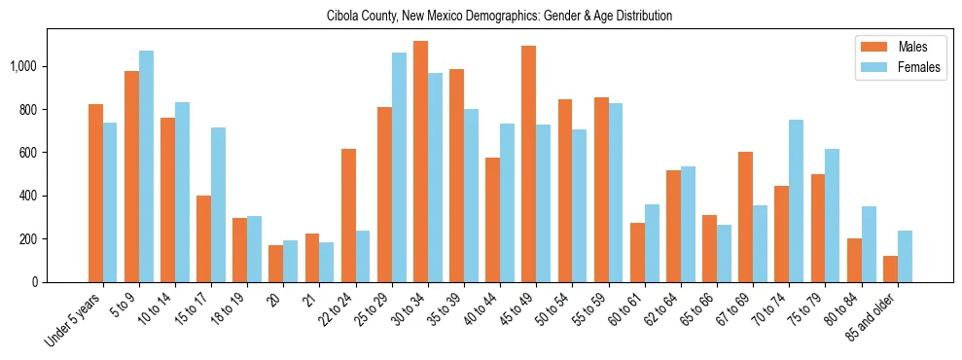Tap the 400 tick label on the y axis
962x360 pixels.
click(30, 196)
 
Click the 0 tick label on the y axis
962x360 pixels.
click(35, 282)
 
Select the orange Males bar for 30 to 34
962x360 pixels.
click(421, 162)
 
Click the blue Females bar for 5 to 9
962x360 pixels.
click(147, 166)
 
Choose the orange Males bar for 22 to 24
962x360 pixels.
click(348, 215)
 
